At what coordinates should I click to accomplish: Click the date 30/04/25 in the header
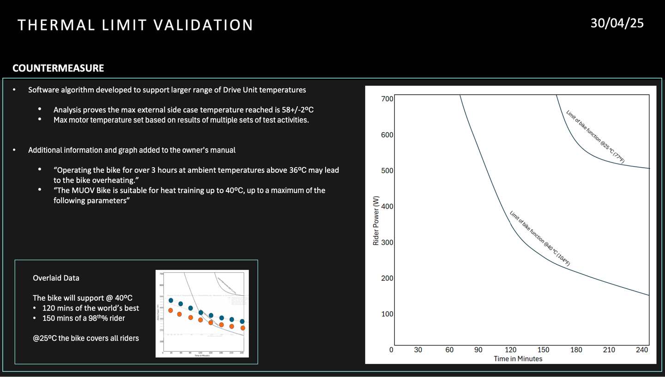click(x=617, y=23)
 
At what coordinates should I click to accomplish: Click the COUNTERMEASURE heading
click(x=58, y=68)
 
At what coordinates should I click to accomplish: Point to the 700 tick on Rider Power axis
click(x=387, y=98)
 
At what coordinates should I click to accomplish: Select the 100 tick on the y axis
click(x=387, y=314)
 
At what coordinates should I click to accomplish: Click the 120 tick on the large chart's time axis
click(x=510, y=350)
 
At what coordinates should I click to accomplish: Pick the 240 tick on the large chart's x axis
click(x=642, y=350)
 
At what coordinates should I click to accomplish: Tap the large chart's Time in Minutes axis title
click(x=518, y=359)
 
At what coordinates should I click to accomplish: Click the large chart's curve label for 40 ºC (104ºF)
click(x=539, y=238)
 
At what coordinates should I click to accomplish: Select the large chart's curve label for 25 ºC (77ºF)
click(x=595, y=136)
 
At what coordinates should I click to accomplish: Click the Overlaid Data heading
click(x=56, y=278)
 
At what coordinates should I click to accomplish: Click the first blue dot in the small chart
click(x=171, y=300)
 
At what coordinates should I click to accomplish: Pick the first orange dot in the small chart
click(x=171, y=310)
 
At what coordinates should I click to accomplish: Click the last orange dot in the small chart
click(x=243, y=328)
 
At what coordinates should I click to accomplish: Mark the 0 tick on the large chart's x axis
click(x=391, y=350)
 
